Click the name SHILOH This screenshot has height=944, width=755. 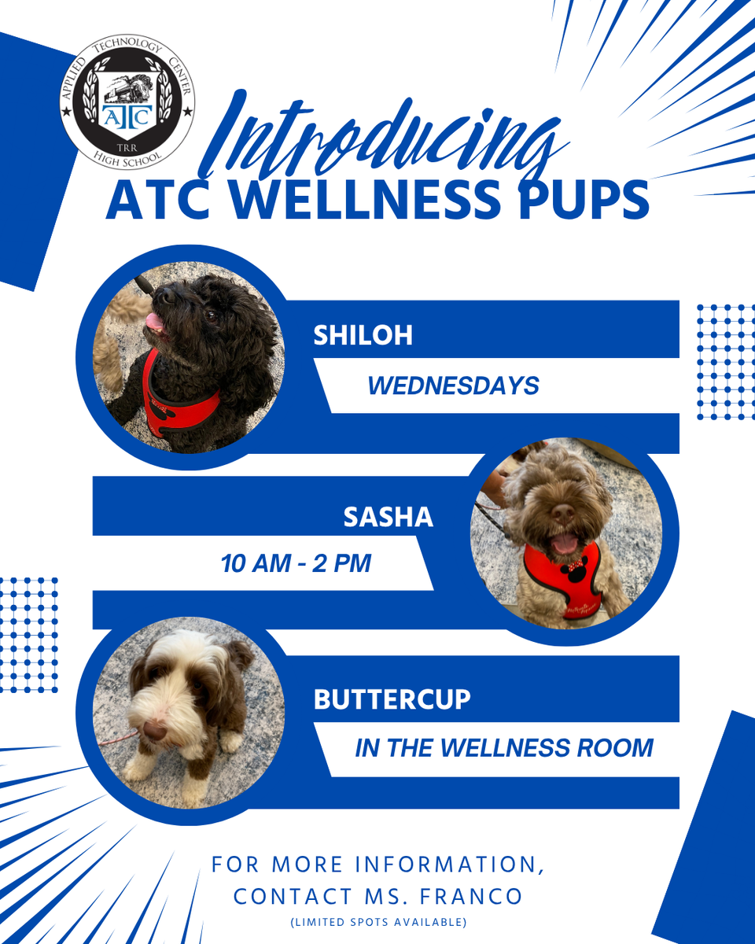point(363,335)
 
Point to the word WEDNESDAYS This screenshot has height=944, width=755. point(453,385)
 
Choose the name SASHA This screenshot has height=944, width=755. point(389,517)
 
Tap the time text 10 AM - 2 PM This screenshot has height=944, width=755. point(296,564)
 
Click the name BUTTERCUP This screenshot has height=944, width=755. point(392,699)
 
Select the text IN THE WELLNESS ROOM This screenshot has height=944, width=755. point(504,747)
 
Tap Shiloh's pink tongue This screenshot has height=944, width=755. point(155,323)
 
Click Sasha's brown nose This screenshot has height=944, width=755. point(562,511)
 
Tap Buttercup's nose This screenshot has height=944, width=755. point(154,731)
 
